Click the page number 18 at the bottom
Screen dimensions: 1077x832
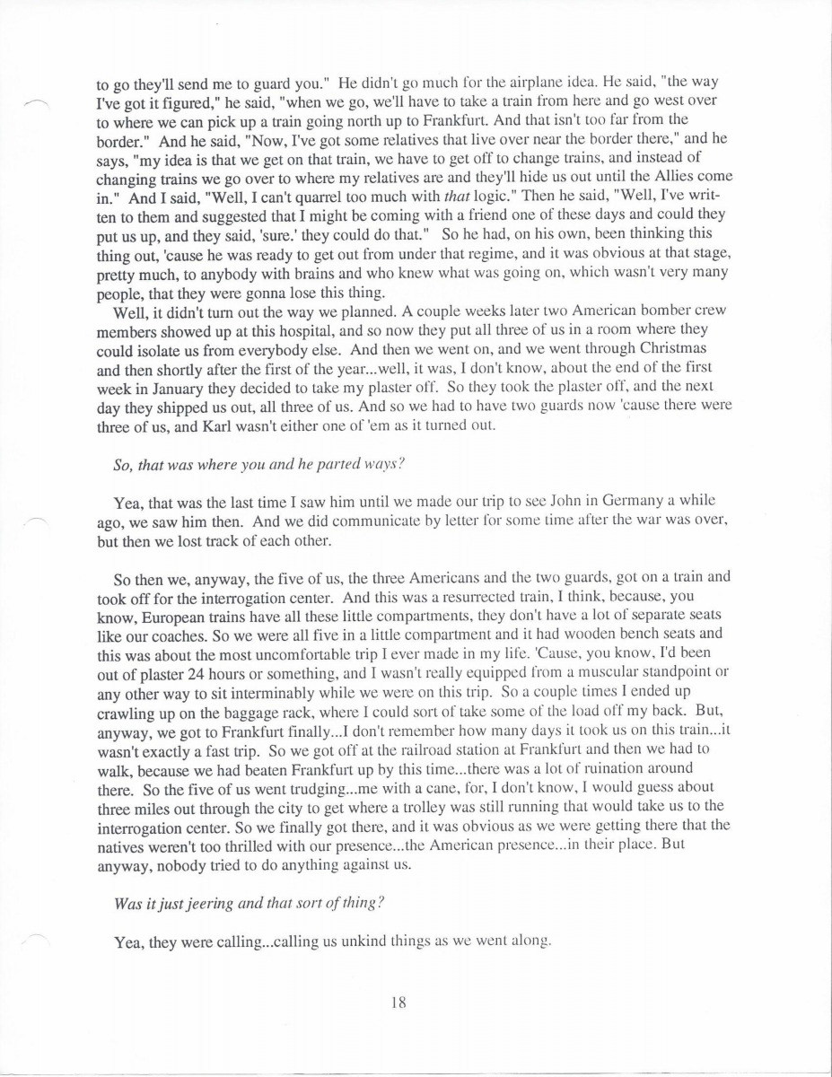[399, 1004]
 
